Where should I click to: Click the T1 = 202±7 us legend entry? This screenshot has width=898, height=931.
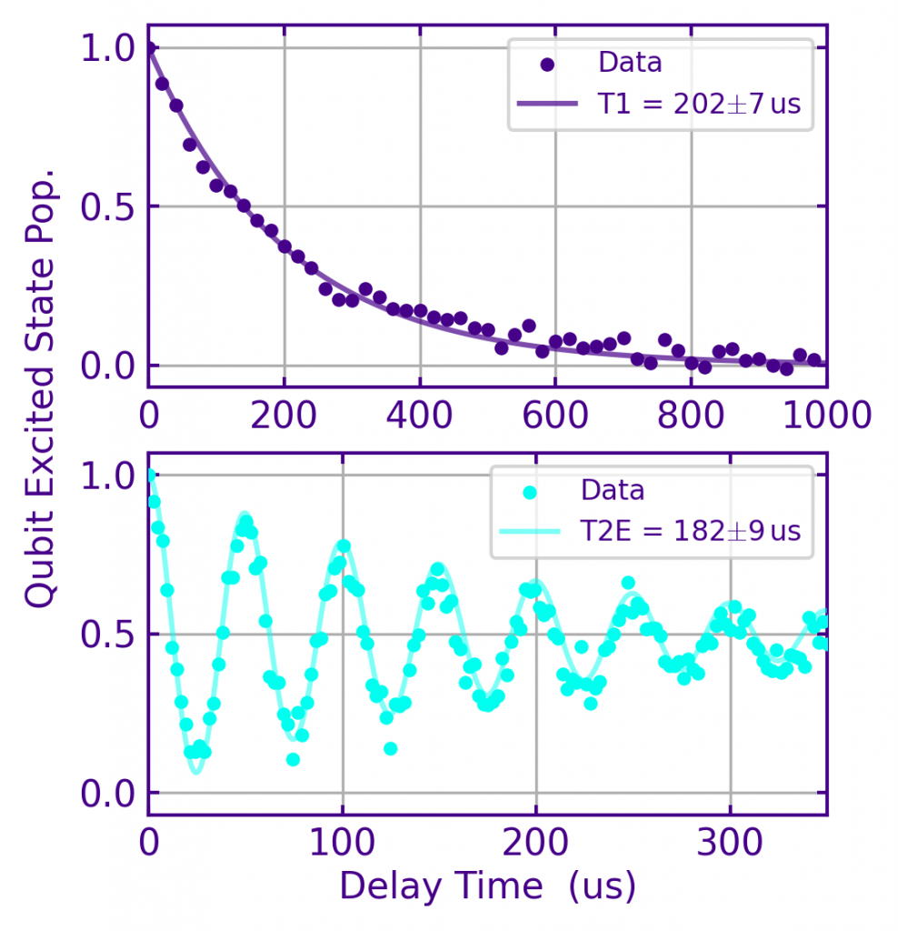(x=699, y=104)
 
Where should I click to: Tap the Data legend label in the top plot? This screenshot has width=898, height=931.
(x=630, y=63)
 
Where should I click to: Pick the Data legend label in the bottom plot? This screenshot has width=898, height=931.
(x=613, y=491)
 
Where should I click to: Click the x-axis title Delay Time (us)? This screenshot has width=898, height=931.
(x=487, y=886)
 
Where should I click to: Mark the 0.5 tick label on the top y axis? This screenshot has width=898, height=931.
(x=107, y=206)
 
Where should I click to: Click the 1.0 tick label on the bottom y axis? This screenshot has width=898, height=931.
(x=107, y=476)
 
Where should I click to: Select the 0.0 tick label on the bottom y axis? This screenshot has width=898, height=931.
(x=107, y=793)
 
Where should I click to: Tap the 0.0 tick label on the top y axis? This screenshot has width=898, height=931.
(x=107, y=365)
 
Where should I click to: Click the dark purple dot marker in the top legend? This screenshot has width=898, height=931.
(x=546, y=65)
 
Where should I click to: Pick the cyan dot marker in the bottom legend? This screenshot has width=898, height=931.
(x=530, y=492)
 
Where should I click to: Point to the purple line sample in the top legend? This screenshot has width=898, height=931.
(x=546, y=104)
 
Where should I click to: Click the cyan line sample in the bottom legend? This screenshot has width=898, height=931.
(x=530, y=531)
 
